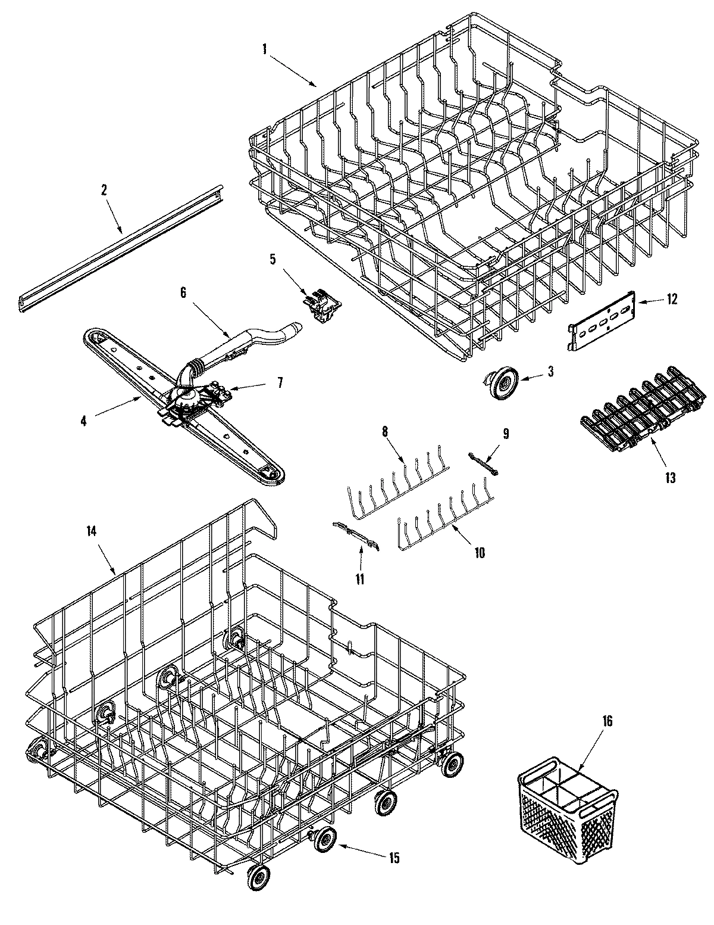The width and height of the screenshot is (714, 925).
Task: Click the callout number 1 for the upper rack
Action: (x=264, y=50)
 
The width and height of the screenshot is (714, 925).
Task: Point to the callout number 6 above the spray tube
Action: (x=183, y=292)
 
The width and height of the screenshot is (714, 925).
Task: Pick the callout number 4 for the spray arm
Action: (x=83, y=420)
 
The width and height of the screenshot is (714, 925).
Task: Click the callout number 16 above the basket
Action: (x=607, y=721)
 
